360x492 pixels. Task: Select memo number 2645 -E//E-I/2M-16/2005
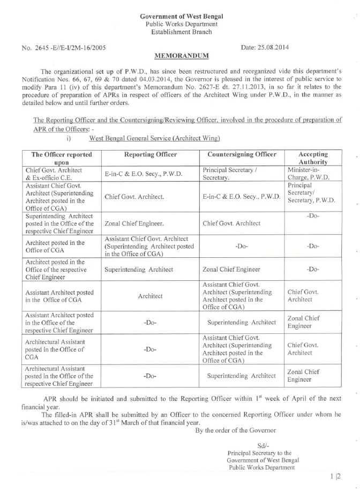(62, 48)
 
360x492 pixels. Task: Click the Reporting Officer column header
(151, 154)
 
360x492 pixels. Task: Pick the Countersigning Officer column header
(242, 154)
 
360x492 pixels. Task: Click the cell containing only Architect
(150, 296)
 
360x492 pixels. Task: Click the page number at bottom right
(336, 476)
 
